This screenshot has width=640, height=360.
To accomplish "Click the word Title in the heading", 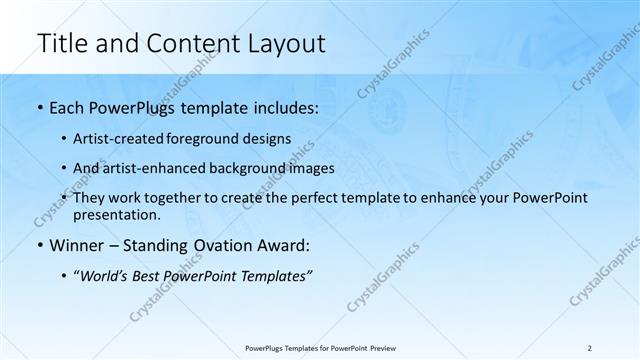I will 61,43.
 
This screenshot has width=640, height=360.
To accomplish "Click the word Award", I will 283,246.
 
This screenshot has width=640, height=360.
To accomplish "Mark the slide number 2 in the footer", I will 591,347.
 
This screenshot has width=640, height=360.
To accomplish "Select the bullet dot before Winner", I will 39,246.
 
